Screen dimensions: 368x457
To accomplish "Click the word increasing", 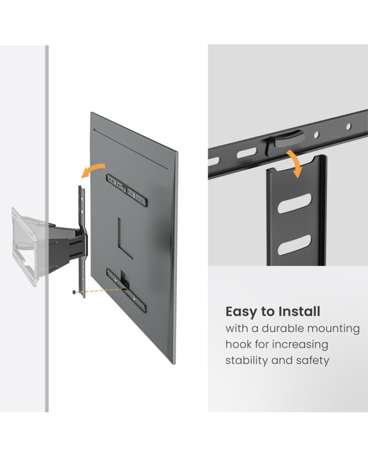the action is tap(300, 345).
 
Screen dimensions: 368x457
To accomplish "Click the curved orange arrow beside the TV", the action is tap(93, 170).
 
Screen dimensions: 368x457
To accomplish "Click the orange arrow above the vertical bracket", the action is tap(295, 163).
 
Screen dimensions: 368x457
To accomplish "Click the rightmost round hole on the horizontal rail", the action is tap(349, 127).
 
